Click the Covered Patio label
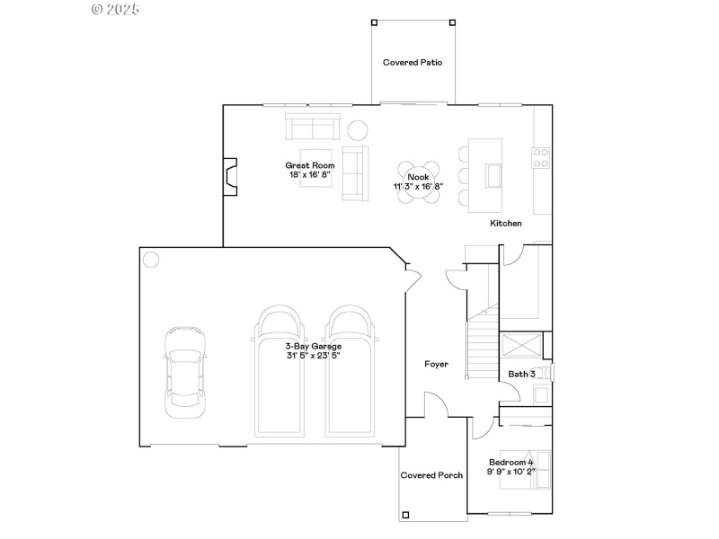pyautogui.click(x=413, y=63)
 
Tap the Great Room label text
pyautogui.click(x=310, y=165)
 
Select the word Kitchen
pyautogui.click(x=505, y=223)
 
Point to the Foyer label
pyautogui.click(x=437, y=364)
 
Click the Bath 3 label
pyautogui.click(x=522, y=374)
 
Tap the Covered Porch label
pyautogui.click(x=431, y=475)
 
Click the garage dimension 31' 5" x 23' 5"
pyautogui.click(x=313, y=356)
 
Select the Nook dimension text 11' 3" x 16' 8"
pyautogui.click(x=418, y=187)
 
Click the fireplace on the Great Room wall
pyautogui.click(x=231, y=176)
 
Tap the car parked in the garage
pyautogui.click(x=185, y=370)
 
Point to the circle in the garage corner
pyautogui.click(x=150, y=260)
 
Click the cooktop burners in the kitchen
pyautogui.click(x=541, y=158)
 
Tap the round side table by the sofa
pyautogui.click(x=358, y=130)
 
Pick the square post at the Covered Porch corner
pyautogui.click(x=405, y=515)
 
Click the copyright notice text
pyautogui.click(x=116, y=9)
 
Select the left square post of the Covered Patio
pyautogui.click(x=373, y=21)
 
